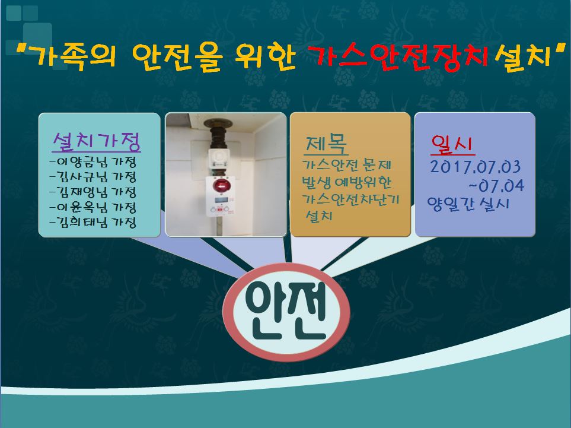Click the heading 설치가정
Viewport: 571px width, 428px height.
tap(97, 141)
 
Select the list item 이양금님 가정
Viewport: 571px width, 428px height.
tap(93, 161)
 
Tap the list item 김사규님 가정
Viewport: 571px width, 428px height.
tap(93, 177)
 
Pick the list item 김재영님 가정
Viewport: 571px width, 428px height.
tap(93, 192)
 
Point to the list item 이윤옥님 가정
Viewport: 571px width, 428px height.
tap(93, 207)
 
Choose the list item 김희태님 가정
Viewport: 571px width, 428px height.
tap(93, 222)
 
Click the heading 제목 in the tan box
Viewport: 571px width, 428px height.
tap(326, 144)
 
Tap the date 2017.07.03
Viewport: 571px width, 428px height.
tap(475, 167)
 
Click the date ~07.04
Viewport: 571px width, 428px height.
tap(497, 186)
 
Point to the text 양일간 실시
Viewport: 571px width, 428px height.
tap(468, 204)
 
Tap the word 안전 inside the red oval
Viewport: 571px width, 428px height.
tap(286, 312)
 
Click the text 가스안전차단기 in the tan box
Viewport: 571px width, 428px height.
tap(351, 199)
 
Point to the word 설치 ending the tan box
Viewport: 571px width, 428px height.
tap(318, 215)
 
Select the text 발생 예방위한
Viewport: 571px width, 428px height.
tap(347, 182)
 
